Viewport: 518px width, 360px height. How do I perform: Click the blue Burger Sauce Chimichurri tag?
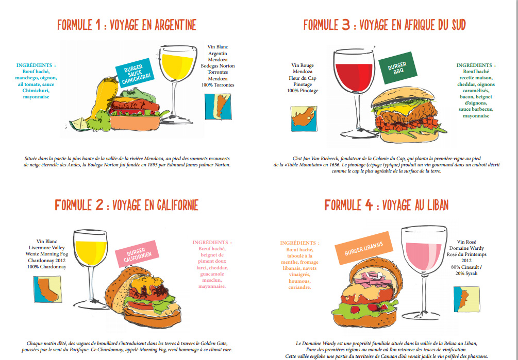coord(135,73)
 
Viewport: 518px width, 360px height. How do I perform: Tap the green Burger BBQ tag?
coord(398,68)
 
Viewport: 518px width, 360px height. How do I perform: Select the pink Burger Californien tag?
coord(137,254)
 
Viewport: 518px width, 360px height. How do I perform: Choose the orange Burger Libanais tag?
coord(364,248)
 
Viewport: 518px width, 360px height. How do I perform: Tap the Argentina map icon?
coord(218,107)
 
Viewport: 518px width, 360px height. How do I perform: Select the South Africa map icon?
coord(304,118)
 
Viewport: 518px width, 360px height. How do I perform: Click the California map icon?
coord(47,289)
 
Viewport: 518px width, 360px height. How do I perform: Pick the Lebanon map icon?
coord(466,299)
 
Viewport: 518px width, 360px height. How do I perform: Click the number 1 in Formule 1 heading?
coord(97,25)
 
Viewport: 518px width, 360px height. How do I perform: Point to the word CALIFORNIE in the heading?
coord(176,205)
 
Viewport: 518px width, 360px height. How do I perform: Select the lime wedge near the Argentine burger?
coord(79,125)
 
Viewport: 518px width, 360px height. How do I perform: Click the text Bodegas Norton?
coord(218,65)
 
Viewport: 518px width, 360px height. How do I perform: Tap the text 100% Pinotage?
coord(303,91)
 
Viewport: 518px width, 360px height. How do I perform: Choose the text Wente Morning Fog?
coord(46,254)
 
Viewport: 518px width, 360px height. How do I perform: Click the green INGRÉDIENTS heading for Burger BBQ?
coord(476,65)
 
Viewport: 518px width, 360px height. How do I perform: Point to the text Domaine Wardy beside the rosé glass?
coord(466,248)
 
